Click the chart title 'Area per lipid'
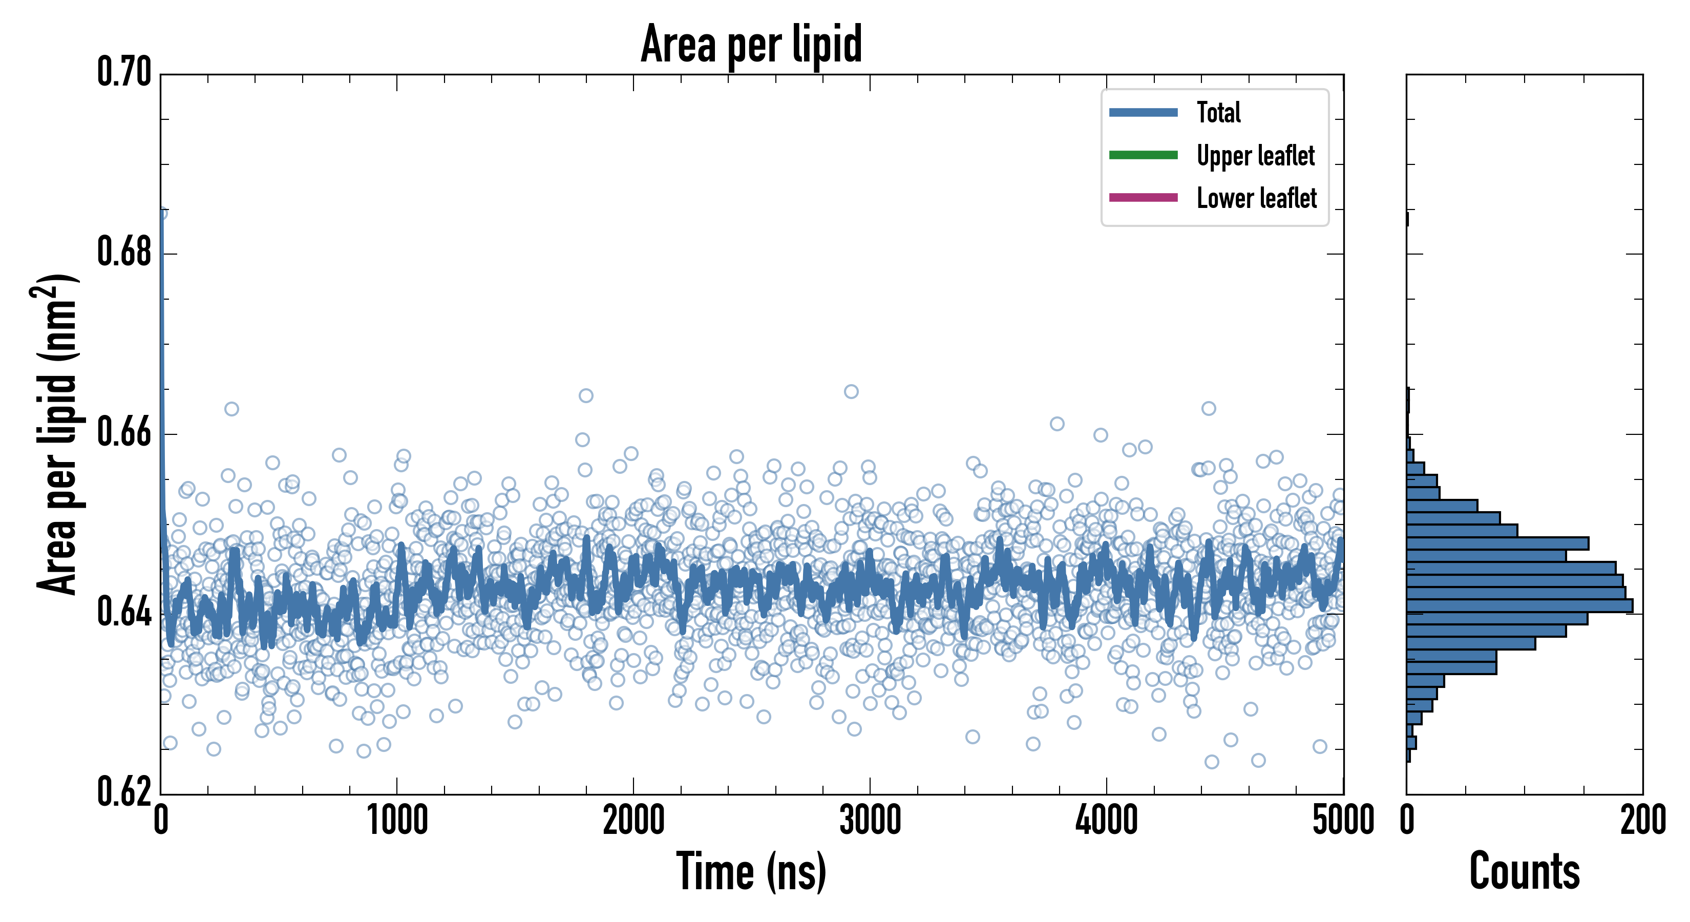tap(751, 44)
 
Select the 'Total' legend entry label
tap(1218, 112)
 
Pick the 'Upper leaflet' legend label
tap(1256, 156)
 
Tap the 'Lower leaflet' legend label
tap(1256, 198)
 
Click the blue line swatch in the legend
tap(1143, 112)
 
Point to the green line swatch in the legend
tap(1143, 155)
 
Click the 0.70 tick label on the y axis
tap(124, 72)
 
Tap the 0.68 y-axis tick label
tap(124, 252)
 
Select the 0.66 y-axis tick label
tap(124, 432)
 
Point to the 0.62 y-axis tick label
tap(124, 792)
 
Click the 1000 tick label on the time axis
tap(397, 820)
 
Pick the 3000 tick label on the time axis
tap(870, 820)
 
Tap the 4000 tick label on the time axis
tap(1106, 820)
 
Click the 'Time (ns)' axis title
tap(751, 871)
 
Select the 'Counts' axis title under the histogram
tap(1524, 871)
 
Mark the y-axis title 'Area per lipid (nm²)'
tap(56, 434)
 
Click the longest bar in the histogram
tap(1519, 605)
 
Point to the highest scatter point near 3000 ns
tap(851, 392)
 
